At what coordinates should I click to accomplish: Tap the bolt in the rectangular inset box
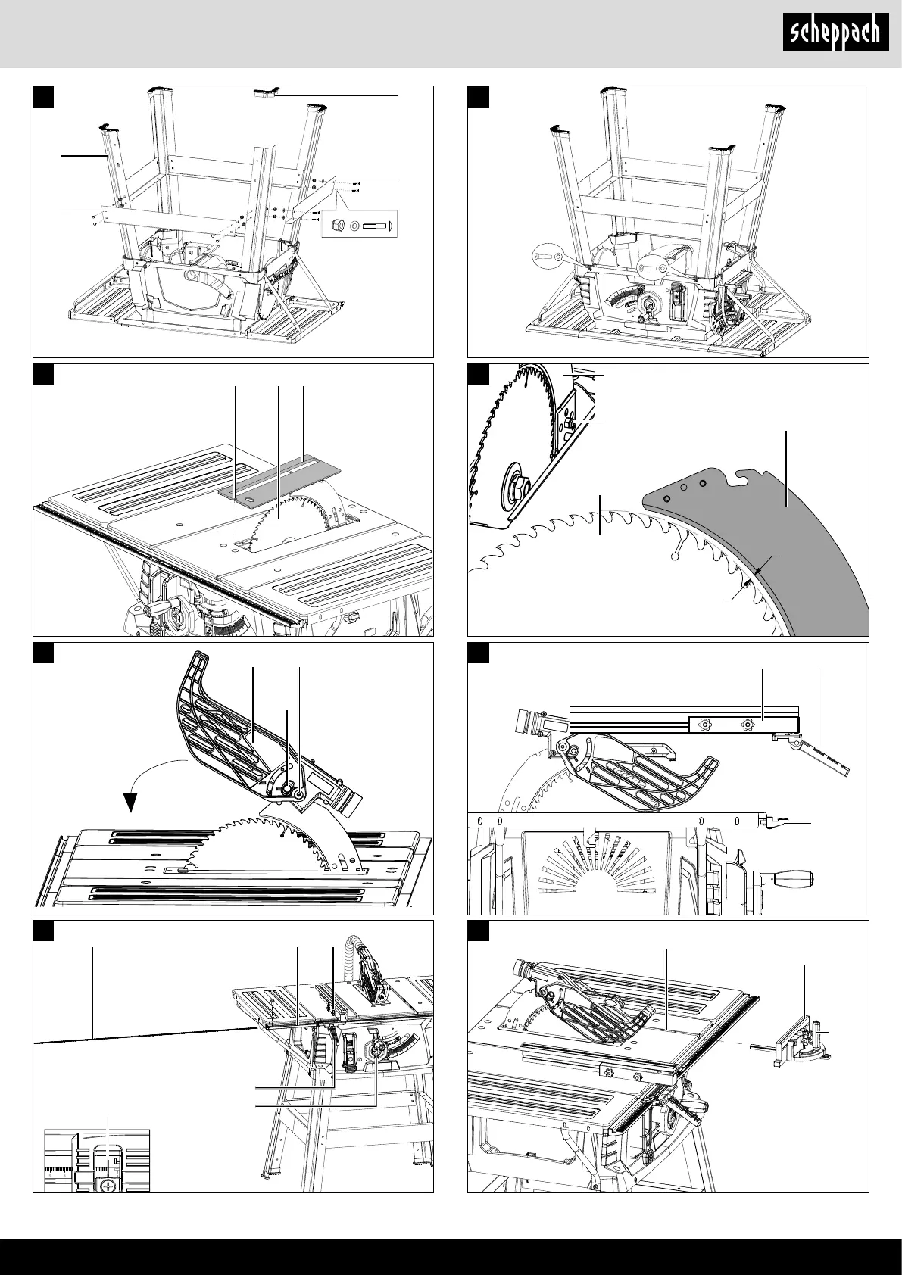coord(376,226)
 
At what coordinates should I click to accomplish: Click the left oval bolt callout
coord(550,258)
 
